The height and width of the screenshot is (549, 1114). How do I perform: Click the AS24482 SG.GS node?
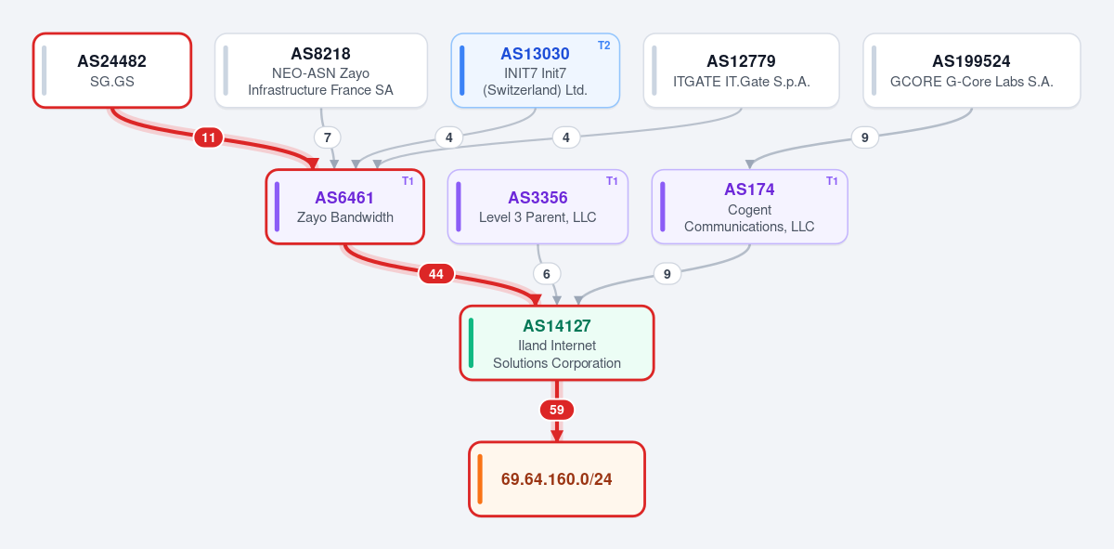click(x=112, y=71)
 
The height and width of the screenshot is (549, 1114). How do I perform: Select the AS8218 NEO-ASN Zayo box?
click(x=321, y=71)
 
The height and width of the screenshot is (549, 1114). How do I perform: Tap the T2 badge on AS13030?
click(x=603, y=46)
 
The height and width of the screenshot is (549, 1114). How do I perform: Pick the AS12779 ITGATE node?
click(x=741, y=71)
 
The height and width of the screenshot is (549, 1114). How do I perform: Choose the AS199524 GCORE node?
click(x=972, y=71)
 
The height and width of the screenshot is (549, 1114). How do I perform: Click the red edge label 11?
click(x=208, y=137)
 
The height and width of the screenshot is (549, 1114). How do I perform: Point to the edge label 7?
click(x=327, y=137)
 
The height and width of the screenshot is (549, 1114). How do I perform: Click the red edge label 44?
click(x=436, y=274)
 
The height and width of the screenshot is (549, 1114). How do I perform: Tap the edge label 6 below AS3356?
click(x=547, y=274)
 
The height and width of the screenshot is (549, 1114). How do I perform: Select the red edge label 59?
click(x=557, y=410)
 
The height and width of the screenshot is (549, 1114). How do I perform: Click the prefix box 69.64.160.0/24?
click(x=557, y=478)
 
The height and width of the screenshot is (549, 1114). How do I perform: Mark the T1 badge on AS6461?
click(x=408, y=181)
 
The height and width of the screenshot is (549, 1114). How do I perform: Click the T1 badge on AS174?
click(x=832, y=181)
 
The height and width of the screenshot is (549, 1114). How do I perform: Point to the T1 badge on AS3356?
click(x=612, y=181)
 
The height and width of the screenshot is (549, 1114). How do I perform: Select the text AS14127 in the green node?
click(x=557, y=326)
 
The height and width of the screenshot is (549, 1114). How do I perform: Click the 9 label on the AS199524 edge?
click(x=865, y=137)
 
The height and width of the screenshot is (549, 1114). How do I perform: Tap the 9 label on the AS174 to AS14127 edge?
click(x=667, y=274)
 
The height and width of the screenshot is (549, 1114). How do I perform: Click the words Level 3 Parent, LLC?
click(x=538, y=217)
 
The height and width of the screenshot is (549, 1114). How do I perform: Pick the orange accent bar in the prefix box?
click(x=480, y=478)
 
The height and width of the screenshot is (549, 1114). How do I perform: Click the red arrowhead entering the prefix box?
click(x=557, y=436)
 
